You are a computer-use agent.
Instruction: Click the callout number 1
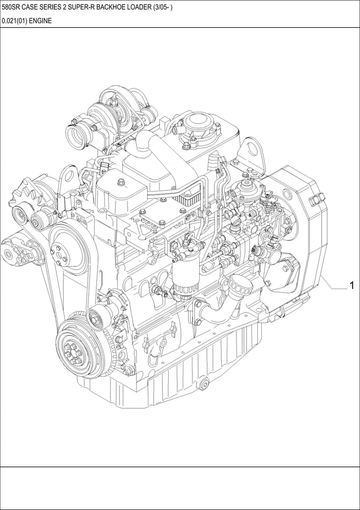(x=352, y=286)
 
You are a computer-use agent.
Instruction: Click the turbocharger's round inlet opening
(x=76, y=136)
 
